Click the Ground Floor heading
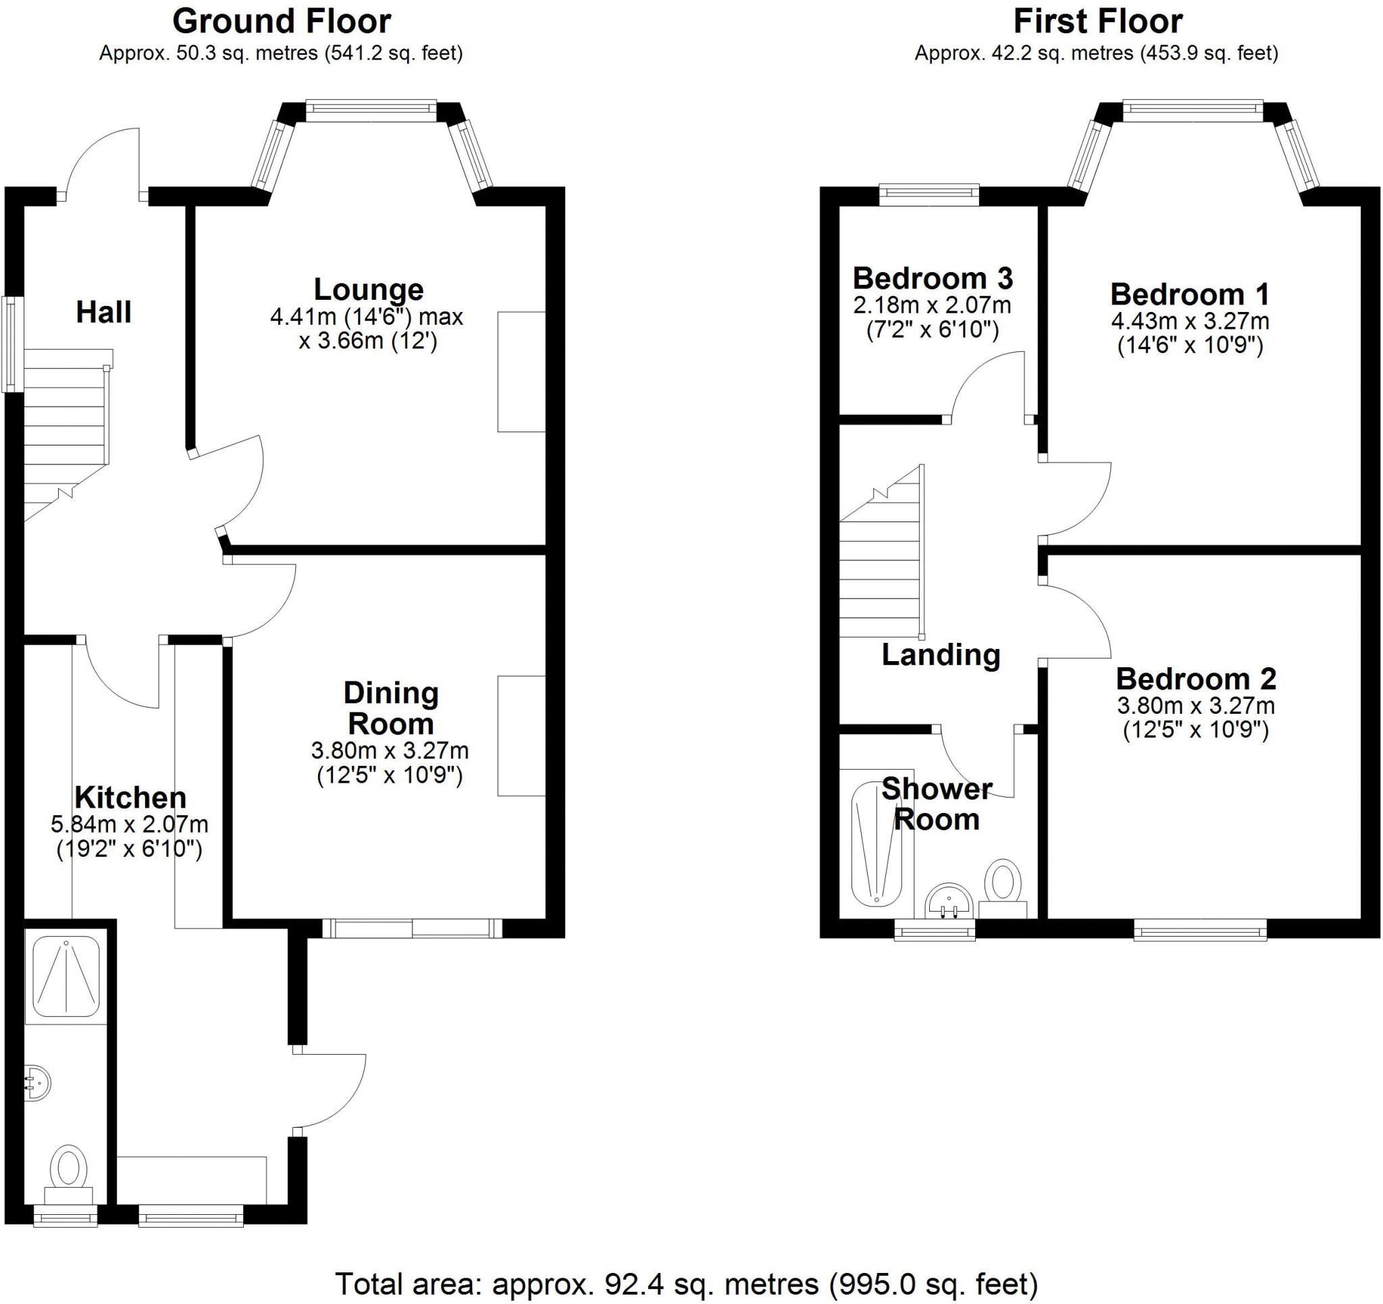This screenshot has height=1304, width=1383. coord(281,22)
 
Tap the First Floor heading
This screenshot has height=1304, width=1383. coord(1097,22)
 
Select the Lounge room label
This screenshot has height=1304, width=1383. coord(368,289)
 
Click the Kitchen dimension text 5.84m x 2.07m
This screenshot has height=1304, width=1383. coord(130,825)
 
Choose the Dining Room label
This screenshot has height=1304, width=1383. coord(391,708)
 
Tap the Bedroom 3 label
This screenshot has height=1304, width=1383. coord(932,278)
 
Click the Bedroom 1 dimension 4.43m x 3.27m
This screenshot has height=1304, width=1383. coord(1190,321)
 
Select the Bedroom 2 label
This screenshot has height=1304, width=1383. coord(1196,679)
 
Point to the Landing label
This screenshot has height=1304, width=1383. coord(941,655)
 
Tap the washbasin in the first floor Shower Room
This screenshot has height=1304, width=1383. coord(948,903)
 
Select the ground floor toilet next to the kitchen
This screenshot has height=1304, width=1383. coord(68,1173)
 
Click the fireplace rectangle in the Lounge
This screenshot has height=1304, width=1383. coord(521,371)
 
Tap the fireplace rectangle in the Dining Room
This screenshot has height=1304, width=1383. coord(521,735)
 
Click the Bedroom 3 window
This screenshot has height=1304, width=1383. coord(929,194)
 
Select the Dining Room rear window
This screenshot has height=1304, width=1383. coord(412,929)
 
